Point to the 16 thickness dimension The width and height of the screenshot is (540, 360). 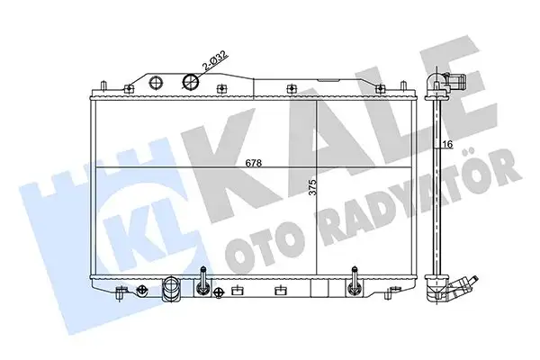coord(447,144)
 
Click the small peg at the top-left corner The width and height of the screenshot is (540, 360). coord(106,85)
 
